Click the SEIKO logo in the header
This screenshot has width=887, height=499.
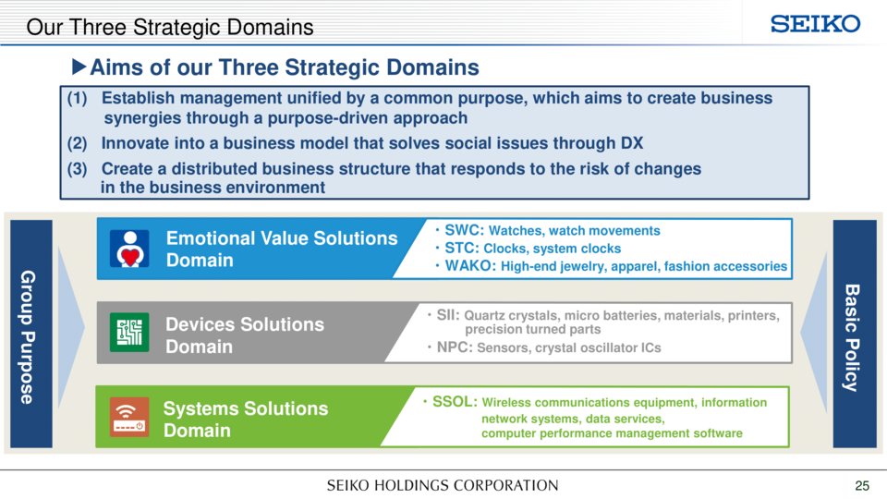pyautogui.click(x=815, y=24)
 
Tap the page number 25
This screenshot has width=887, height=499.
pyautogui.click(x=862, y=485)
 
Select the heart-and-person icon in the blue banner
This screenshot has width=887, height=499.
pyautogui.click(x=129, y=249)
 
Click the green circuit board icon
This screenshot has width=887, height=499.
pyautogui.click(x=129, y=332)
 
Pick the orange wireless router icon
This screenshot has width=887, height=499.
pyautogui.click(x=129, y=417)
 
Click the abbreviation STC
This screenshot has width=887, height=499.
pyautogui.click(x=462, y=249)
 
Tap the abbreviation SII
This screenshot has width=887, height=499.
pyautogui.click(x=448, y=315)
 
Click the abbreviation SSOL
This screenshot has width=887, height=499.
pyautogui.click(x=455, y=402)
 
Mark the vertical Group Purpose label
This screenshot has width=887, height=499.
pyautogui.click(x=29, y=337)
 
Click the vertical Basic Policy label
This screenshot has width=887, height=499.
pyautogui.click(x=852, y=338)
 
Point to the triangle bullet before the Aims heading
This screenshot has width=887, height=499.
pyautogui.click(x=79, y=67)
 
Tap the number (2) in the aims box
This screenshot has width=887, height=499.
pyautogui.click(x=77, y=143)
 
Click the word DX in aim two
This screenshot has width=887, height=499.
pyautogui.click(x=632, y=143)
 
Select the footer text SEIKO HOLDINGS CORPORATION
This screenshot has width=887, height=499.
pyautogui.click(x=443, y=485)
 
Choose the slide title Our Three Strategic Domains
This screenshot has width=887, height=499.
pyautogui.click(x=170, y=27)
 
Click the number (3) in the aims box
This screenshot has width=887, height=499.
pyautogui.click(x=77, y=168)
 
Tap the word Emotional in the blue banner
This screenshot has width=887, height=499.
pyautogui.click(x=210, y=238)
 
